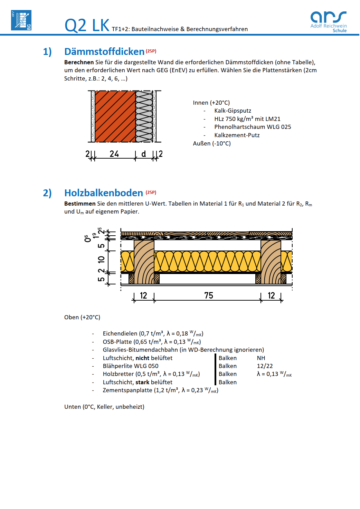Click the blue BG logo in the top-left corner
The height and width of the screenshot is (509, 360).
click(x=21, y=20)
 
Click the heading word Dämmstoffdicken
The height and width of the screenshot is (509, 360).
click(x=104, y=52)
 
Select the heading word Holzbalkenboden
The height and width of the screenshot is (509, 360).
click(x=104, y=193)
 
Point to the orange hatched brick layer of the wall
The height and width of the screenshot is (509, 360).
click(x=115, y=116)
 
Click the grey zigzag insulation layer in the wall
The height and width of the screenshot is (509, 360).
click(x=144, y=116)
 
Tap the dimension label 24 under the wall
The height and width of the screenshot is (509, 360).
click(x=114, y=154)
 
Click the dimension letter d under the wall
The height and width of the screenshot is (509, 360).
click(x=144, y=154)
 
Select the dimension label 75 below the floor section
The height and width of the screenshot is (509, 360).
click(x=209, y=295)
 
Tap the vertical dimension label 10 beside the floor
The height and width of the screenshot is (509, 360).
click(x=101, y=259)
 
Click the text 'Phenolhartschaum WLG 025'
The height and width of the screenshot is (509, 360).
click(x=253, y=127)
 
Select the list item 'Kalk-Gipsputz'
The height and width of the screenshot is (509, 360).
click(x=233, y=111)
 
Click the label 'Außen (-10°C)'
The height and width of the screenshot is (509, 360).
click(x=212, y=143)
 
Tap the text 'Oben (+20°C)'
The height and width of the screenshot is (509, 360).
click(x=82, y=317)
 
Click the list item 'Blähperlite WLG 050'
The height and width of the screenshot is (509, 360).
click(x=131, y=366)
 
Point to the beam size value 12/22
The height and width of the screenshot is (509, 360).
click(x=265, y=366)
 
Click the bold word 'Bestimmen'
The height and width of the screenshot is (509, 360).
click(x=80, y=204)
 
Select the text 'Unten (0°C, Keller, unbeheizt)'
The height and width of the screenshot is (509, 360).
click(x=104, y=407)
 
